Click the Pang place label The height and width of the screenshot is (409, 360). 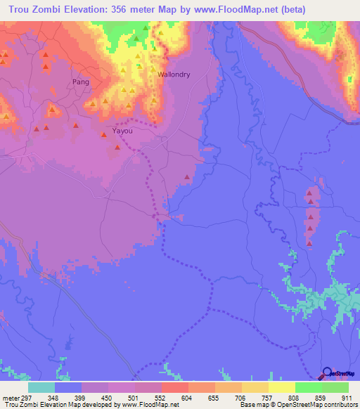tap(81, 82)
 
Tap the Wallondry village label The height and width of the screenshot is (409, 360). tap(174, 74)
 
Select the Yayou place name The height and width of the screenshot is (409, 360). tap(122, 131)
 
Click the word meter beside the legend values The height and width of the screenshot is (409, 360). tap(9, 398)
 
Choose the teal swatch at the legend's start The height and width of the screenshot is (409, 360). tap(41, 387)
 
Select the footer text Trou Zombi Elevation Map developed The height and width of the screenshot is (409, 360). tap(49, 405)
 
